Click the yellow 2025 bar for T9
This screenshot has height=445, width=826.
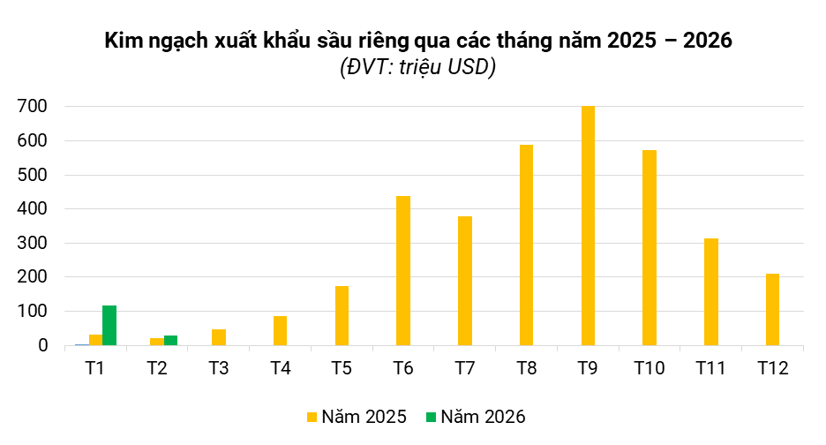pos(588,226)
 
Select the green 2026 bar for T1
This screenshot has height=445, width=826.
pos(109,325)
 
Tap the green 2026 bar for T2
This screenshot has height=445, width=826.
pos(171,340)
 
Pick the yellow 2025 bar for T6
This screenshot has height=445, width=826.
pos(403,270)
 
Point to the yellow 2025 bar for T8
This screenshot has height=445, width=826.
pos(526,245)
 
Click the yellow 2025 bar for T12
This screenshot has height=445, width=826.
pos(772,309)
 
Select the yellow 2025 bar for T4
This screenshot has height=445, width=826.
pos(280,330)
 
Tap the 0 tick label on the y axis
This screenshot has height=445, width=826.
pos(42,346)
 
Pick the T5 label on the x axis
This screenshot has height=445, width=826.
pos(342,369)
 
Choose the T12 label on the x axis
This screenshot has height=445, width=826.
pos(772,369)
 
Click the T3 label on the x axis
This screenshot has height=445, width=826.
pos(219,369)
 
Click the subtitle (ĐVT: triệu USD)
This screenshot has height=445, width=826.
pos(417,68)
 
